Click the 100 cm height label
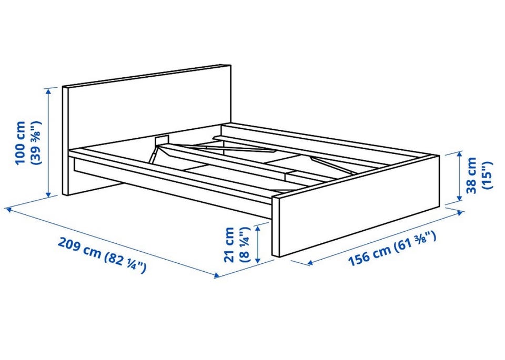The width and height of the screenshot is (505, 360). [21, 143]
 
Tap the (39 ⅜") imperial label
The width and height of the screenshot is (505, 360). [35, 143]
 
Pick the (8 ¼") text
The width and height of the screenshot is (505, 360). [244, 245]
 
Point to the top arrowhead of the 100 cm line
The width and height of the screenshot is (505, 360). [48, 91]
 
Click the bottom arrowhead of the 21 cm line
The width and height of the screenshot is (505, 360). [258, 260]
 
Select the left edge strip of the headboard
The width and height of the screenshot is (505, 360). [65, 141]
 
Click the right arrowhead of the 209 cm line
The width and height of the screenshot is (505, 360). [217, 275]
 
